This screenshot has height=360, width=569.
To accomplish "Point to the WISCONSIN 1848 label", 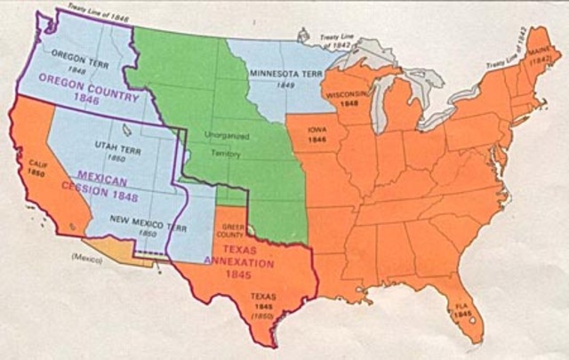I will coord(346,97).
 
